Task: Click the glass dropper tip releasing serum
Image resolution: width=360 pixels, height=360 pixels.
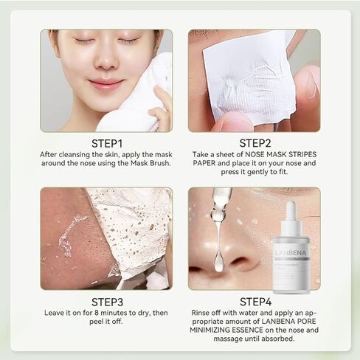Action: pos(218,214)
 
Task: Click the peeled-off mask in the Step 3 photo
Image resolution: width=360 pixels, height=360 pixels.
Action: pos(133,229)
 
